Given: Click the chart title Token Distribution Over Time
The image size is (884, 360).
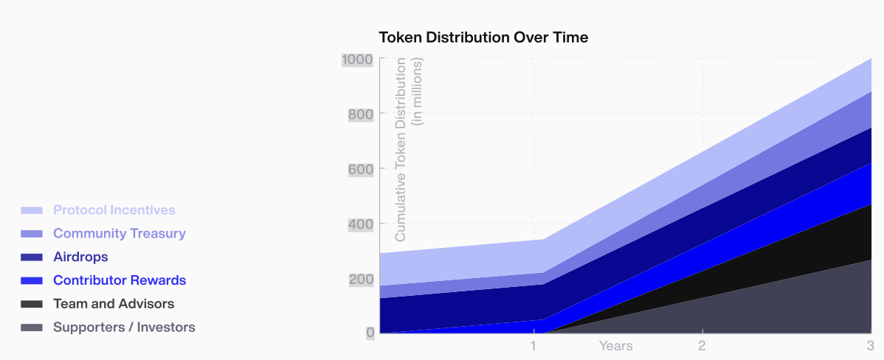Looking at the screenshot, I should (483, 37).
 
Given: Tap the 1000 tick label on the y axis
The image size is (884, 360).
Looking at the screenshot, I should (358, 60).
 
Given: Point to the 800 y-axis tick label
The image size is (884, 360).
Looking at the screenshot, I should (361, 114).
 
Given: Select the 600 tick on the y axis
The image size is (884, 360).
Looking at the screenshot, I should (361, 169).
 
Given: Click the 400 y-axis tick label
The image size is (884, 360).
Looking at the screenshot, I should (361, 224).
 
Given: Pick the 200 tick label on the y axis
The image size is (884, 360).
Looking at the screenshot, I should (361, 279).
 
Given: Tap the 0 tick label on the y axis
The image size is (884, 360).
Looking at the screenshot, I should (370, 333).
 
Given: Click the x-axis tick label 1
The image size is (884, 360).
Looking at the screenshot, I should (533, 345).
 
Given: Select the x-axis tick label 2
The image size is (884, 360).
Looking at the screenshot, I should (702, 345).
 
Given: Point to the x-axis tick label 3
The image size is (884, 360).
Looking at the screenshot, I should (870, 345).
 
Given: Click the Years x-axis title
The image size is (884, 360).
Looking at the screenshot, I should (615, 345).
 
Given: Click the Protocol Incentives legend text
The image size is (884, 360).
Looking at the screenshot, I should (114, 210).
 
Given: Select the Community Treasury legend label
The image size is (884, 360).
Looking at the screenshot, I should (120, 234).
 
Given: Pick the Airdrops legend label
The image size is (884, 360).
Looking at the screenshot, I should (80, 257).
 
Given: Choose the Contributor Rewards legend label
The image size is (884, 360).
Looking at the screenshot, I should (120, 280).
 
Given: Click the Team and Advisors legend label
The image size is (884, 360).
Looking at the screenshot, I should (114, 304).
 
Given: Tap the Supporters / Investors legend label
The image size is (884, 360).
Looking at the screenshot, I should (124, 328).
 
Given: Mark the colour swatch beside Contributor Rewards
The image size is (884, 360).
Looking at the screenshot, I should (32, 281).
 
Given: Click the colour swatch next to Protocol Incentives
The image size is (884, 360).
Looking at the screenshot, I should (32, 211).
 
